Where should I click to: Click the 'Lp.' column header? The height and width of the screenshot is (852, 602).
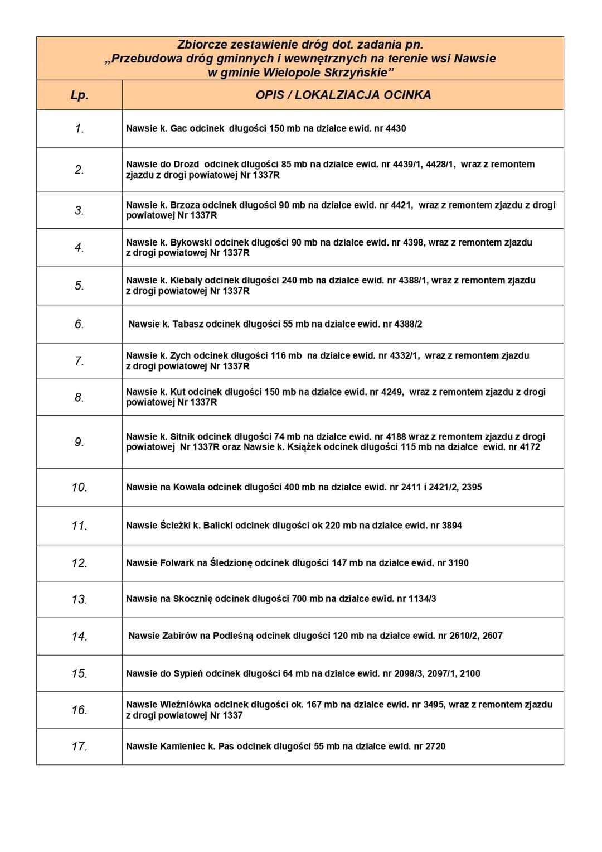click(80, 95)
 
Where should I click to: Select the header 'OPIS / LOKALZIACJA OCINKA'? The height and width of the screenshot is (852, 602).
click(343, 95)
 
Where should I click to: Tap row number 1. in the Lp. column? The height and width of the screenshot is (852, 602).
click(80, 129)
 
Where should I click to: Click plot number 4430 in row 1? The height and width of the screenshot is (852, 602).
click(396, 129)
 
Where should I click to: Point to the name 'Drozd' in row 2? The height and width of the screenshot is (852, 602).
click(186, 165)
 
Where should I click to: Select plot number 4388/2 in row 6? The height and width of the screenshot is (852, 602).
click(408, 324)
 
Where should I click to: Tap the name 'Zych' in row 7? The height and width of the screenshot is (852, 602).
click(180, 356)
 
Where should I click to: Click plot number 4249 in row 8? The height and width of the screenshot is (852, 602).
click(392, 392)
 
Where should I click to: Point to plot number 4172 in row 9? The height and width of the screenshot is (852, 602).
click(529, 447)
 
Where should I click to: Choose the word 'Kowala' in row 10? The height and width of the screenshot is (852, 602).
click(189, 488)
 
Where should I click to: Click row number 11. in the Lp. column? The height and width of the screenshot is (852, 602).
click(80, 526)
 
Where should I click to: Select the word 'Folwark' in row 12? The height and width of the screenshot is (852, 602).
click(177, 563)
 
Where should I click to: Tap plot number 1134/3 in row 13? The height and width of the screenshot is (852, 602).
click(422, 599)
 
